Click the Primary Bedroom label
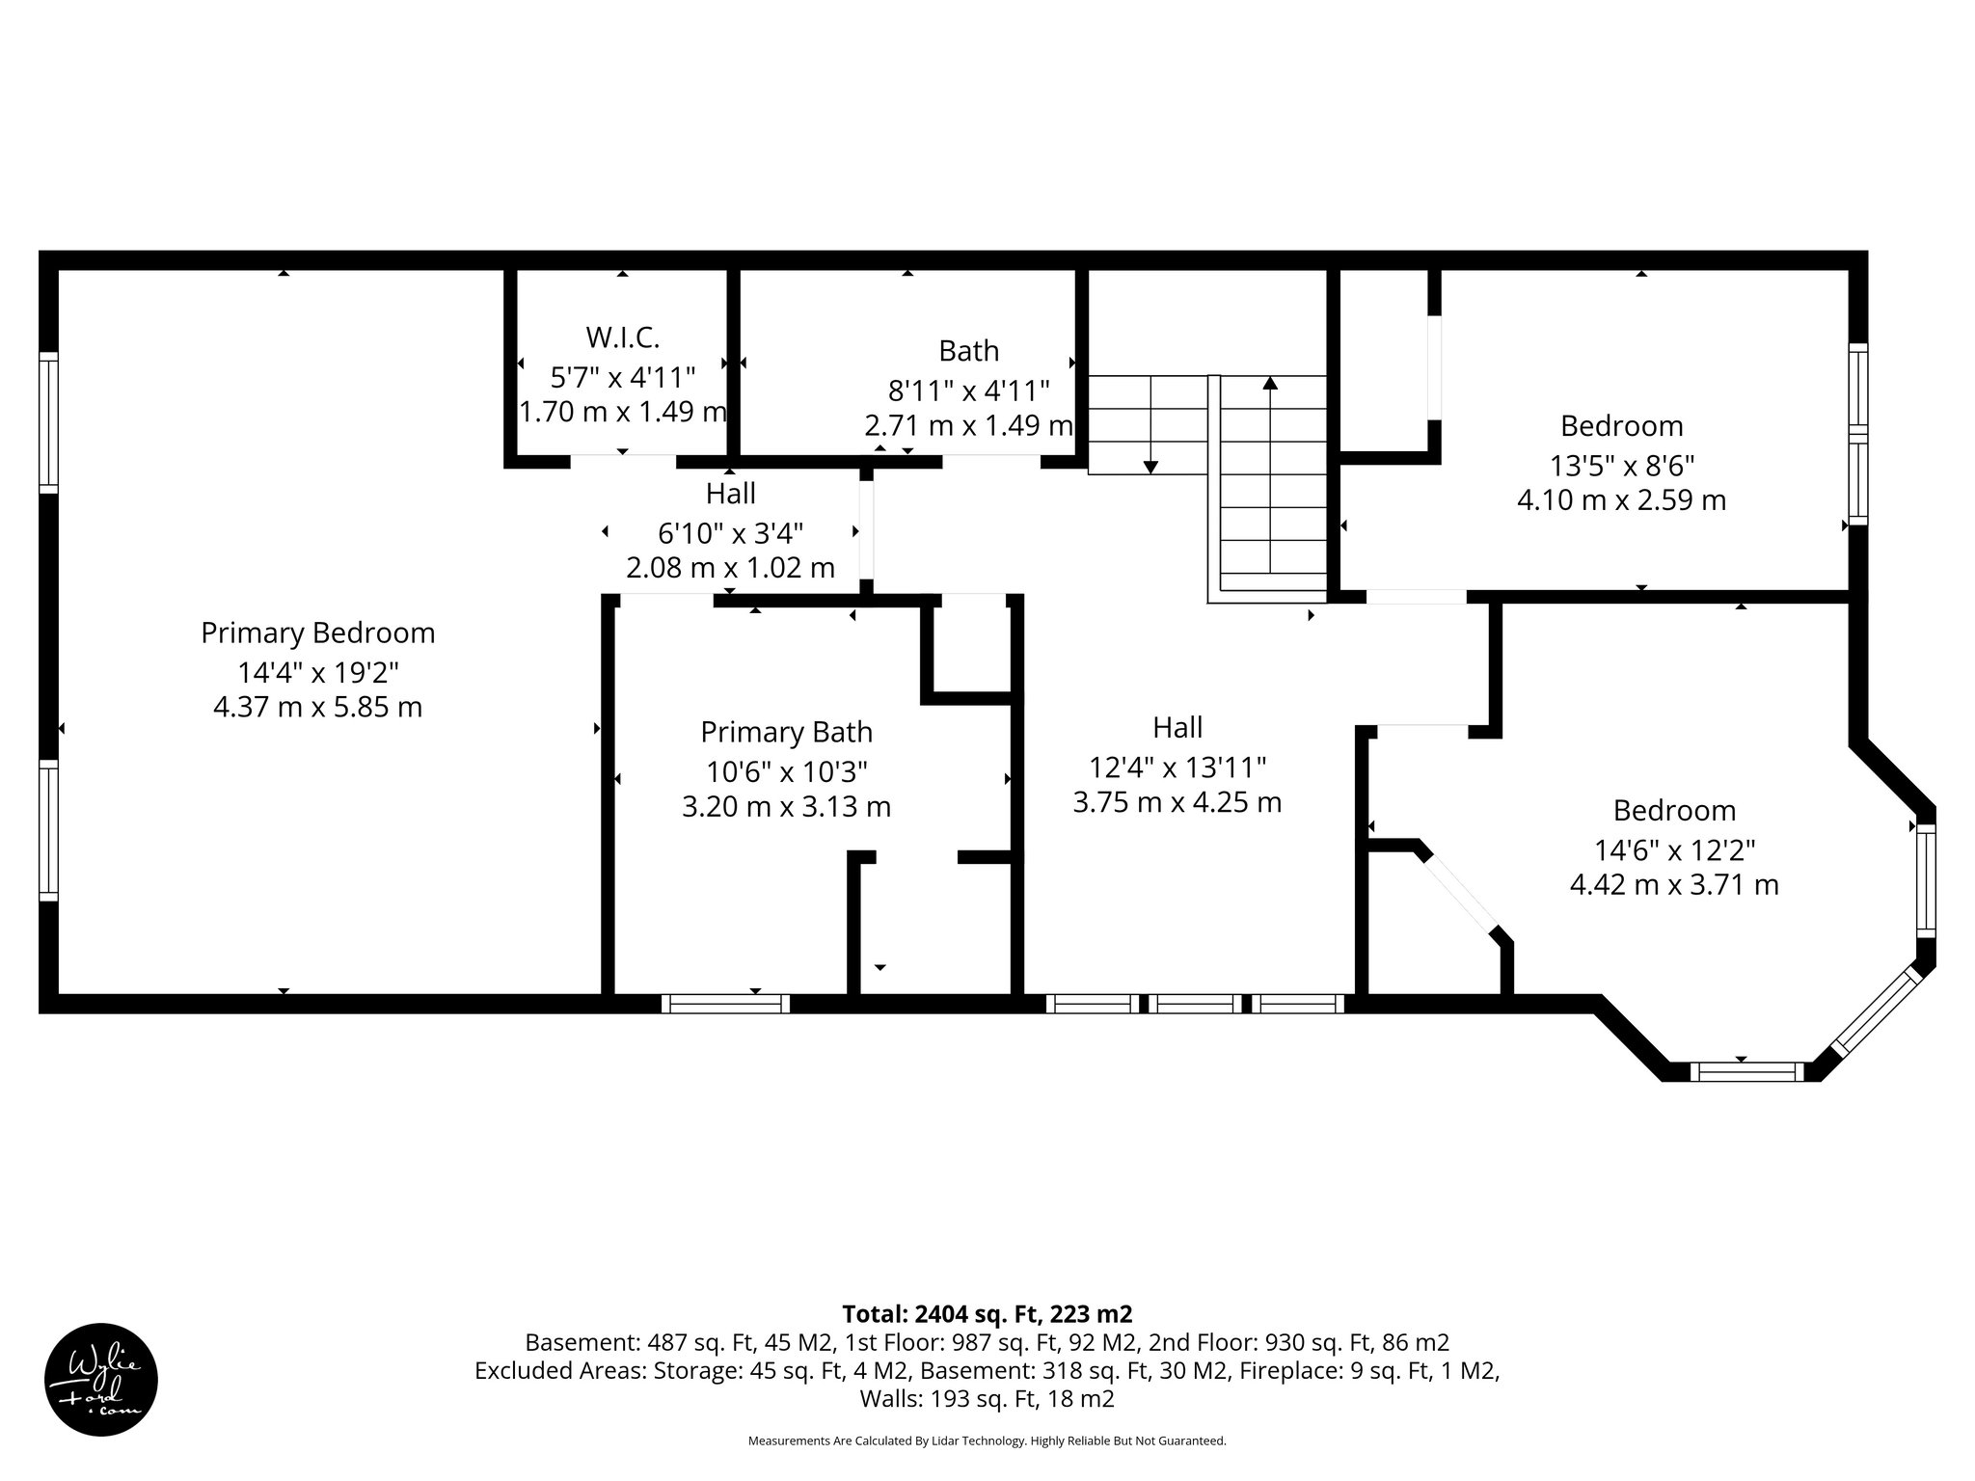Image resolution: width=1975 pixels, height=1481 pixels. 317,633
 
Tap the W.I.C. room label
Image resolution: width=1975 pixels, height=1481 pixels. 622,337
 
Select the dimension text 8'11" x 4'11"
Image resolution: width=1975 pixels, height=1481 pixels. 968,390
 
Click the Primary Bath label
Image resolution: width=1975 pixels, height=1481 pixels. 786,733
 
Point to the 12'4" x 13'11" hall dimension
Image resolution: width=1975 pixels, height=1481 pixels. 1177,767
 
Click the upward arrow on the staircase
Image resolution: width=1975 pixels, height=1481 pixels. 1270,384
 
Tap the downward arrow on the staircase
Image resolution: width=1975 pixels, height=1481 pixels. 1150,467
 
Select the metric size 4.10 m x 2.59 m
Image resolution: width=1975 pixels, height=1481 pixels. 1621,500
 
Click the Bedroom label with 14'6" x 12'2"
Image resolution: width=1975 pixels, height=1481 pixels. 1674,810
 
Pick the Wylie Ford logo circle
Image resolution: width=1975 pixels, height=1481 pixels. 101,1379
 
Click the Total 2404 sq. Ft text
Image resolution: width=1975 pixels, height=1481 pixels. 987,1314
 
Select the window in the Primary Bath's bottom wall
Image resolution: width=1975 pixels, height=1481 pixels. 725,1004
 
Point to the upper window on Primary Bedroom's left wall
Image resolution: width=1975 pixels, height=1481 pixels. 48,422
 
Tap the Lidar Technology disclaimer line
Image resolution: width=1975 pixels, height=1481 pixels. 987,1441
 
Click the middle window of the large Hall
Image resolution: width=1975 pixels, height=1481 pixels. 1195,1004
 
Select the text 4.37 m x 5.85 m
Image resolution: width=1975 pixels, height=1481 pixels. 317,707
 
